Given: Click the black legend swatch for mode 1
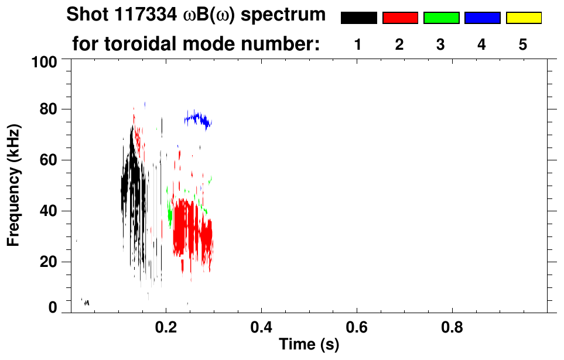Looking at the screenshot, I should click(358, 18).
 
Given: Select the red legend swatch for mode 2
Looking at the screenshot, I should click(400, 18).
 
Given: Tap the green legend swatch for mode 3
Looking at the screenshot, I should click(441, 18).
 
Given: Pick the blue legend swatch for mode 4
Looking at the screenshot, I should click(482, 18).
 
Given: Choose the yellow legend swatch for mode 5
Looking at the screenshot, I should click(523, 18).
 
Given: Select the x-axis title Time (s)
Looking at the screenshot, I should click(309, 345).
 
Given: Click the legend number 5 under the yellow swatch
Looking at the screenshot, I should click(523, 45).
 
